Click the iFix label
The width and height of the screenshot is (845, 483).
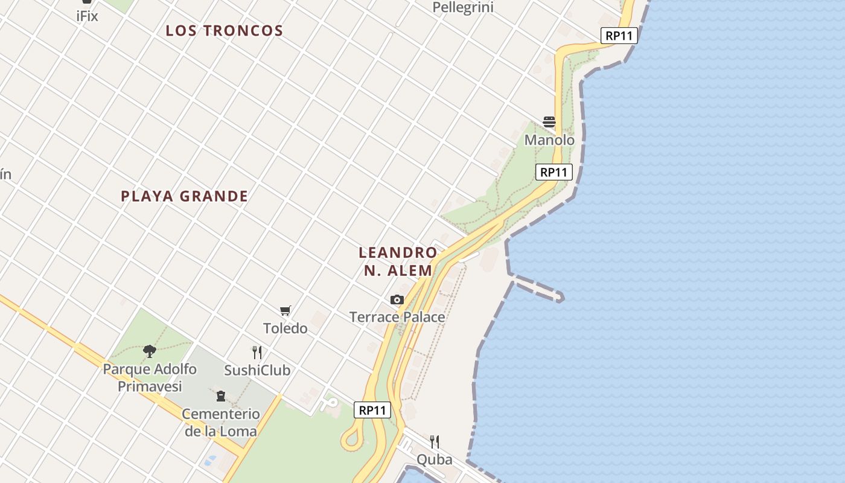click(87, 16)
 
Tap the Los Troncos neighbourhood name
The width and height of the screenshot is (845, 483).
click(225, 31)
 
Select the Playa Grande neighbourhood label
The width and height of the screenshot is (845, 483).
click(185, 196)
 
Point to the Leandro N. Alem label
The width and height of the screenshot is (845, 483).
click(398, 261)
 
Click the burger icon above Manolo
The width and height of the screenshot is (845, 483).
click(549, 122)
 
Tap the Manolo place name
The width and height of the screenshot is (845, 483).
click(549, 140)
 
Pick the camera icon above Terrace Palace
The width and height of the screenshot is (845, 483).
click(397, 299)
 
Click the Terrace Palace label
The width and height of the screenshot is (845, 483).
click(397, 317)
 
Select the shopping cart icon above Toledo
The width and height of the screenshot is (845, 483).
click(285, 311)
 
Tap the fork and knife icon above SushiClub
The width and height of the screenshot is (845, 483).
click(257, 353)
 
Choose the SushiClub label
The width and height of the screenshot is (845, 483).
click(257, 370)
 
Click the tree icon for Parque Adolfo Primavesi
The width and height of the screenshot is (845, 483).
click(150, 351)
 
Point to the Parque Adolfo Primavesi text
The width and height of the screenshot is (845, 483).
click(150, 377)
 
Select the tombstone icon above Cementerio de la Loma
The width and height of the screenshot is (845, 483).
click(220, 396)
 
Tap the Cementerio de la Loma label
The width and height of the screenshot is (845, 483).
click(221, 423)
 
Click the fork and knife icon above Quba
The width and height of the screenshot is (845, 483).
click(434, 442)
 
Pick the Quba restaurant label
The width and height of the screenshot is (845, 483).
click(434, 460)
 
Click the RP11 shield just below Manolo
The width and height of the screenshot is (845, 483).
click(553, 172)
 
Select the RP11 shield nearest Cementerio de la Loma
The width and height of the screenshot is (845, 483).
click(372, 411)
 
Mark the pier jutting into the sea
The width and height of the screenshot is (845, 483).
click(538, 288)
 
